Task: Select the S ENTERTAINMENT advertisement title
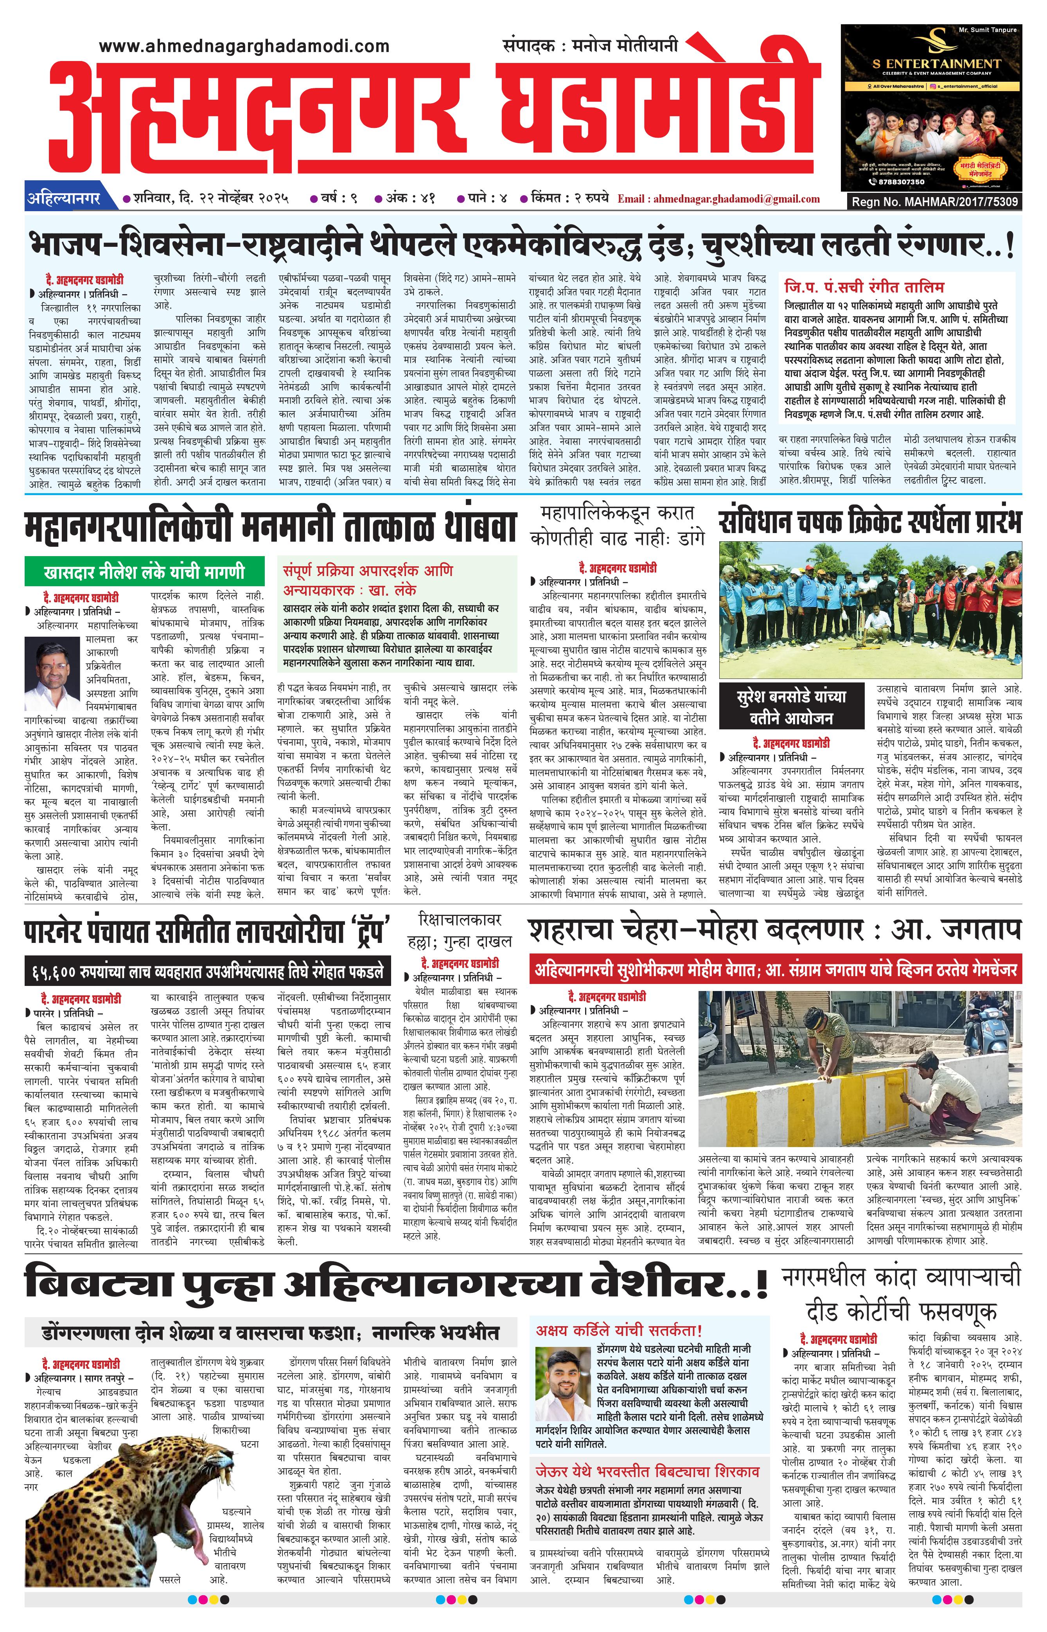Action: (936, 64)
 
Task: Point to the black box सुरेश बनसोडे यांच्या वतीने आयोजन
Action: (791, 707)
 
